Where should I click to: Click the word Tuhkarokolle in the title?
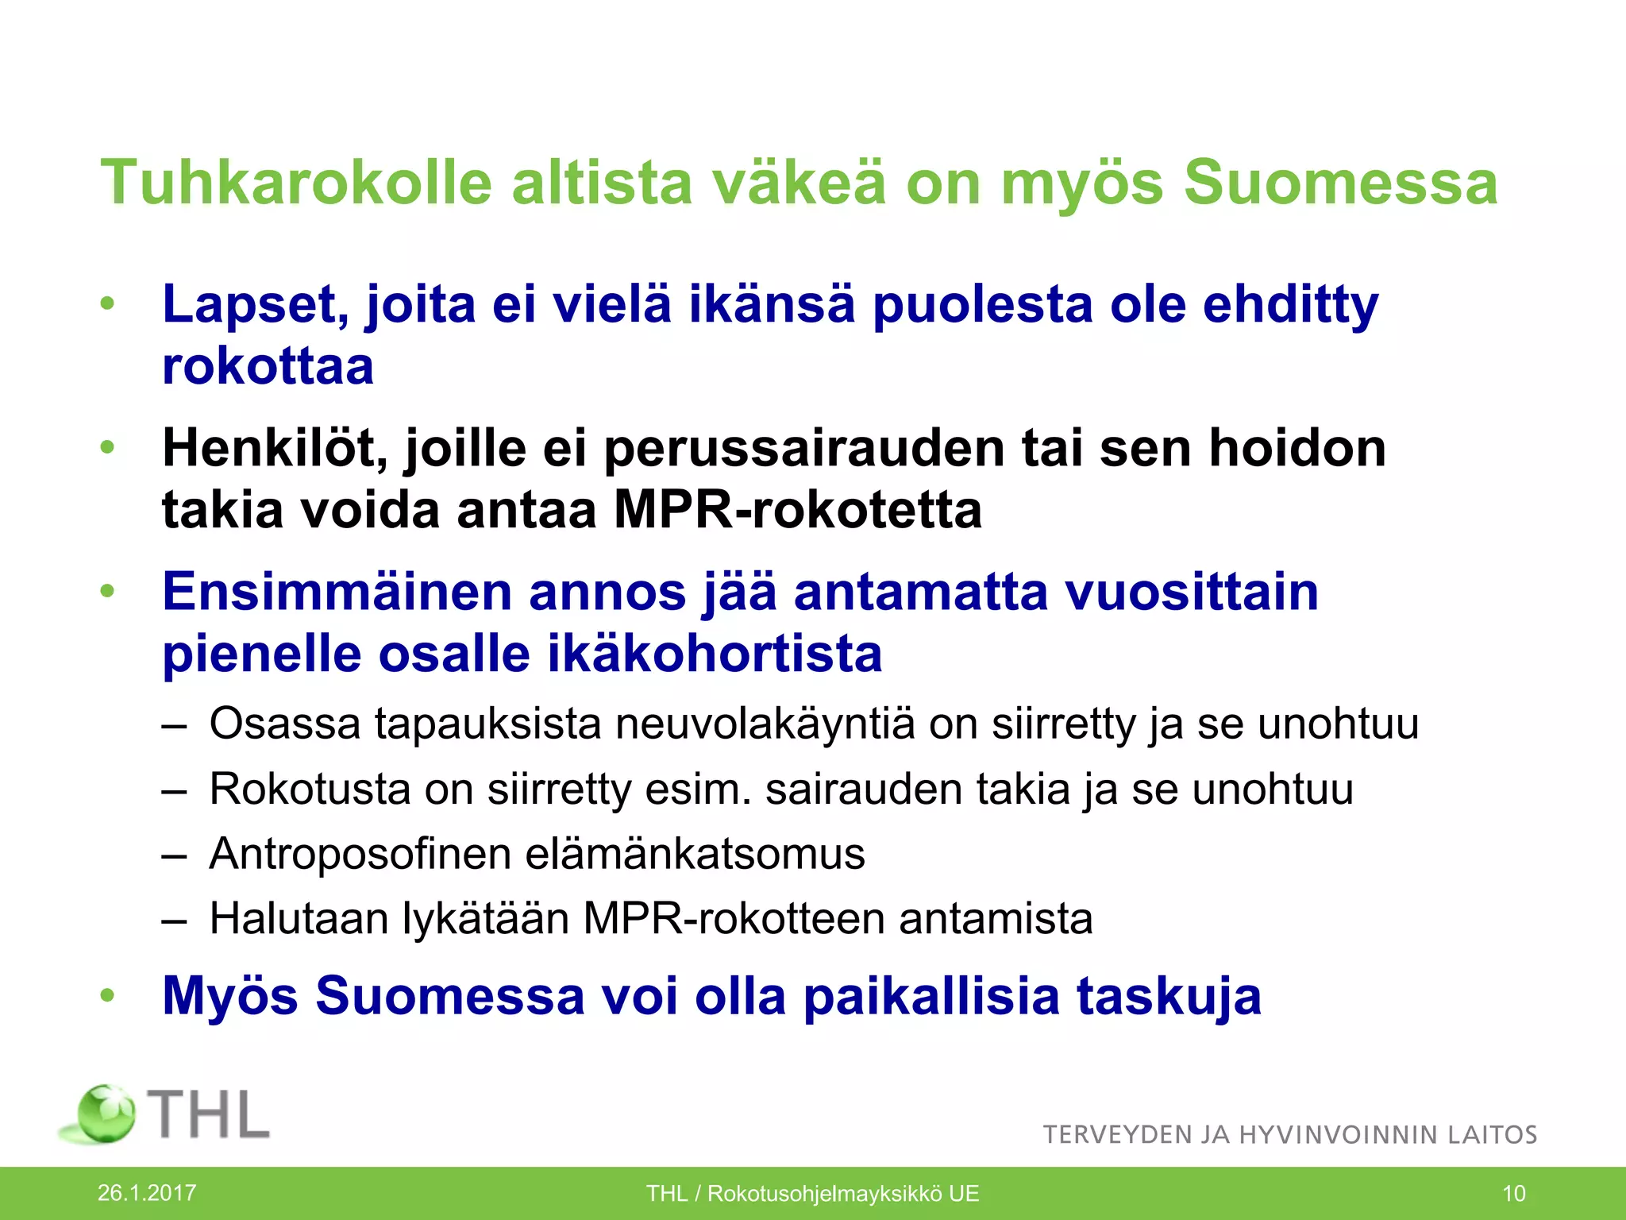296,183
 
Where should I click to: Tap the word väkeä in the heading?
797,183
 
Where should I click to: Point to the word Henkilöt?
275,448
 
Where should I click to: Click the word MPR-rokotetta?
797,510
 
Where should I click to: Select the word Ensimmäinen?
337,592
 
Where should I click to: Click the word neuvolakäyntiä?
765,724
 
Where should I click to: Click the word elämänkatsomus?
695,854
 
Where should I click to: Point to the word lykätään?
486,919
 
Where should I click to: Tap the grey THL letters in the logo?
210,1114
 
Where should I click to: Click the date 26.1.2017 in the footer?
147,1192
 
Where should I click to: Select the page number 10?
1514,1193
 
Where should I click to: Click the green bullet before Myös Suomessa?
108,994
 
